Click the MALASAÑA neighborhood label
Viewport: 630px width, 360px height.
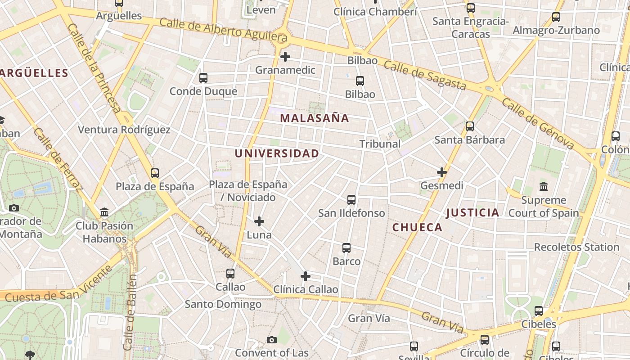tap(315, 118)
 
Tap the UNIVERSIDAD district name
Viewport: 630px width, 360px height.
tap(277, 153)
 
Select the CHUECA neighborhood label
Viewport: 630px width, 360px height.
tap(417, 228)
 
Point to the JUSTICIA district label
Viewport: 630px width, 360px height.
tap(473, 213)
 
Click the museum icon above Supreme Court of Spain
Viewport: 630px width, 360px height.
tap(544, 186)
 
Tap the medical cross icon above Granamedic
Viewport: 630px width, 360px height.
tap(285, 57)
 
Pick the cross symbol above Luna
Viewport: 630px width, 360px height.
tap(259, 221)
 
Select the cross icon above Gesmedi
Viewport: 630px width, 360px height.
tap(442, 172)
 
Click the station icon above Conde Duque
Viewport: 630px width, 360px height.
tap(203, 78)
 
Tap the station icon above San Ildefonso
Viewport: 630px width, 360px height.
tap(351, 199)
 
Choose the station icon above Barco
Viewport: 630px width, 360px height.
tap(346, 248)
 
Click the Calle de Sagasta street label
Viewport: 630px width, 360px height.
tap(424, 76)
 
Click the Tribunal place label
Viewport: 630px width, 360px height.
tap(380, 144)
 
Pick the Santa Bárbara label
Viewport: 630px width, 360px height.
tap(469, 140)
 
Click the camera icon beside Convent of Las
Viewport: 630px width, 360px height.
tap(272, 340)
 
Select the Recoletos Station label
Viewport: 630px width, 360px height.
tap(576, 247)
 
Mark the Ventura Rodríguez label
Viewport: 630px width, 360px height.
tap(124, 130)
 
